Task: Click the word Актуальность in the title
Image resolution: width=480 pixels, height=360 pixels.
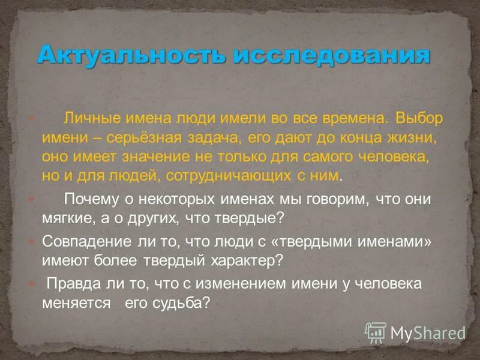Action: click(130, 56)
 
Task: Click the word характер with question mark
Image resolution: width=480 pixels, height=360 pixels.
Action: click(244, 260)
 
